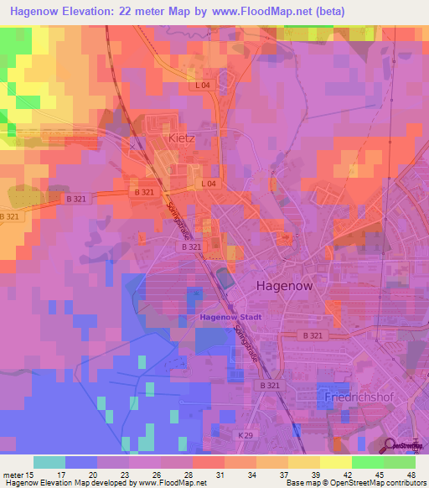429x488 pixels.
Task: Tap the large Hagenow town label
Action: [284, 285]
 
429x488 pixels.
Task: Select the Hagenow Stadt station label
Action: [231, 317]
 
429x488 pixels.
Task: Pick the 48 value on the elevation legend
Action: [410, 475]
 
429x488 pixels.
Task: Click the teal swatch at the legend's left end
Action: [49, 462]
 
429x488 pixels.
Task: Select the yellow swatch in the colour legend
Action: [336, 462]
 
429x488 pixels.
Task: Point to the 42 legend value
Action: [347, 475]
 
